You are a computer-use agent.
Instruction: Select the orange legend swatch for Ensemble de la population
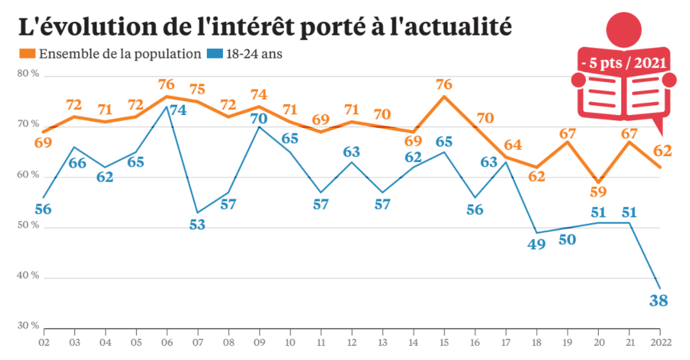pyautogui.click(x=28, y=54)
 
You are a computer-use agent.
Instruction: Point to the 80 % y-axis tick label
pyautogui.click(x=28, y=75)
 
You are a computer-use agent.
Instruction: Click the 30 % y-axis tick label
pyautogui.click(x=28, y=327)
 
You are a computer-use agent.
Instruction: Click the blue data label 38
pyautogui.click(x=659, y=300)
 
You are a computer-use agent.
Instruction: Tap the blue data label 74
pyautogui.click(x=177, y=110)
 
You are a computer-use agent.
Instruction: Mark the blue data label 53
pyautogui.click(x=198, y=224)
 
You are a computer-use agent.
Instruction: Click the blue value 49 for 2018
pyautogui.click(x=536, y=244)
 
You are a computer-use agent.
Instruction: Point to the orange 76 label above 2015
pyautogui.click(x=443, y=84)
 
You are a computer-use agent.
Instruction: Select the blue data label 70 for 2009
pyautogui.click(x=259, y=118)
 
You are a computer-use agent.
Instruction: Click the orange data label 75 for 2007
pyautogui.click(x=198, y=89)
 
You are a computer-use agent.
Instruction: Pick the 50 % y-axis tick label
pyautogui.click(x=28, y=226)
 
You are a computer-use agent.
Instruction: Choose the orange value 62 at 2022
pyautogui.click(x=662, y=151)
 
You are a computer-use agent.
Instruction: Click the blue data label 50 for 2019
pyautogui.click(x=567, y=240)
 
